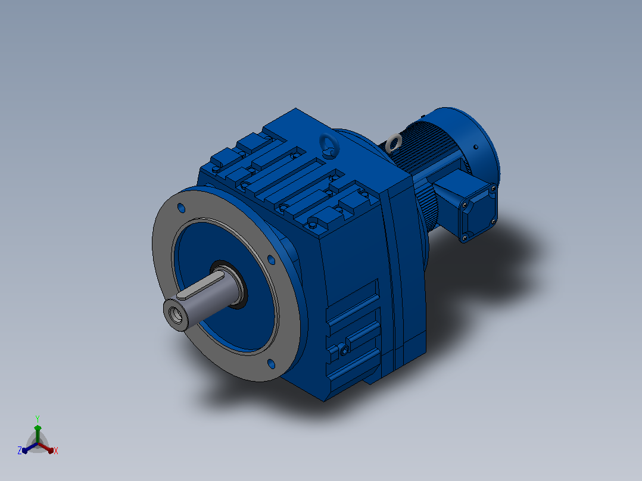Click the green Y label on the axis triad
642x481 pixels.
38,419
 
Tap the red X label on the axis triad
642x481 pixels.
56,451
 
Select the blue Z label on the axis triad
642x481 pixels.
19,451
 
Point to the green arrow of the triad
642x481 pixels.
38,433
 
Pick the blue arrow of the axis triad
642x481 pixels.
30,448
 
